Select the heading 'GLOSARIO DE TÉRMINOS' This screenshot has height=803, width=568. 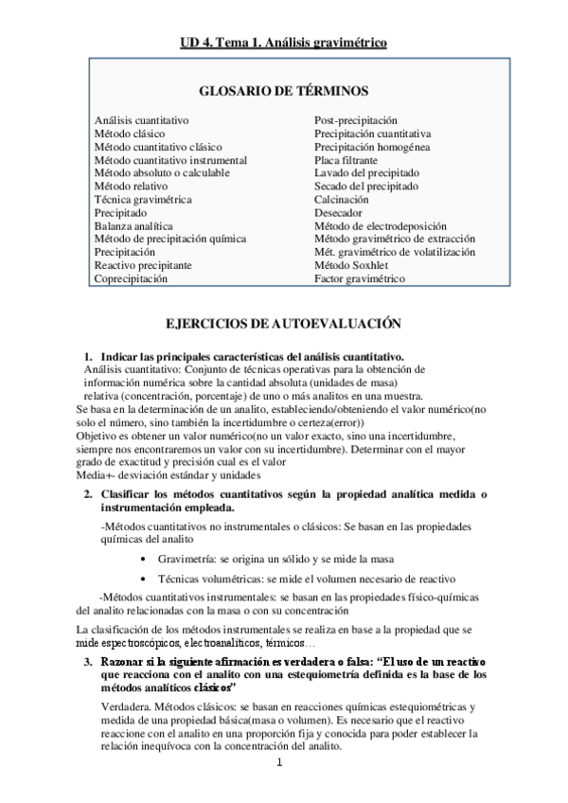click(x=284, y=91)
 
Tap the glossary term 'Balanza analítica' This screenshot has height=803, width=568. click(x=133, y=226)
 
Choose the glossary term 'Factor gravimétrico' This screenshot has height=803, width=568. click(x=359, y=279)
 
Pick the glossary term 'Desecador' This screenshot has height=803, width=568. click(x=338, y=213)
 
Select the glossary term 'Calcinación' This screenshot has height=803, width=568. click(x=342, y=200)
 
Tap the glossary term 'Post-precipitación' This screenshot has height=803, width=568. click(x=356, y=120)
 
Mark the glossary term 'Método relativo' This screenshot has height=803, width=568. click(x=132, y=187)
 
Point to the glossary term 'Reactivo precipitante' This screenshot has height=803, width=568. click(x=143, y=266)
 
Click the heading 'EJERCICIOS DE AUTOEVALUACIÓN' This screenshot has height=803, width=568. click(x=284, y=324)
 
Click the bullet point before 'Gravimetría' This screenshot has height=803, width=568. click(x=143, y=560)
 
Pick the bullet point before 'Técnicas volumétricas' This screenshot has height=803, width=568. click(x=143, y=579)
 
